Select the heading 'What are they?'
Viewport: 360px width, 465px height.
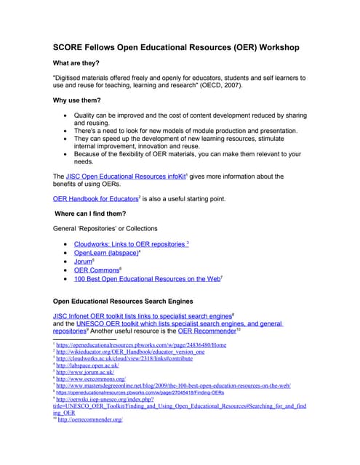coord(78,63)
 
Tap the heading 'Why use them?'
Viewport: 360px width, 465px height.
coord(77,100)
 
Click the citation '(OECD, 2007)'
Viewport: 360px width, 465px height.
coord(233,85)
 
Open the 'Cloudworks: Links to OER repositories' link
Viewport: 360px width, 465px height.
coord(129,244)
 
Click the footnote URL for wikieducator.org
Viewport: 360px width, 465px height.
coord(131,352)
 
